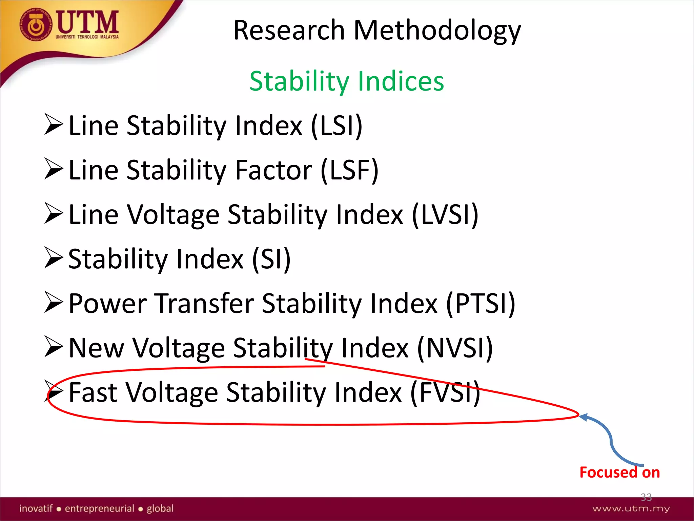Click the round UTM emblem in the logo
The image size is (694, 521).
click(36, 25)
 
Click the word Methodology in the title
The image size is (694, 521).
click(437, 31)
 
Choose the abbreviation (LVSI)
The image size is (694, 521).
click(445, 214)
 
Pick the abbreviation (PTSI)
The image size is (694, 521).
click(480, 303)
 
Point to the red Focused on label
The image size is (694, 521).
click(619, 472)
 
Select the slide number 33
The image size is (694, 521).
click(646, 497)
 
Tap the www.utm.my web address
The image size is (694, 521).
click(631, 508)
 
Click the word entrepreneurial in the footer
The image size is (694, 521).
click(100, 508)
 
